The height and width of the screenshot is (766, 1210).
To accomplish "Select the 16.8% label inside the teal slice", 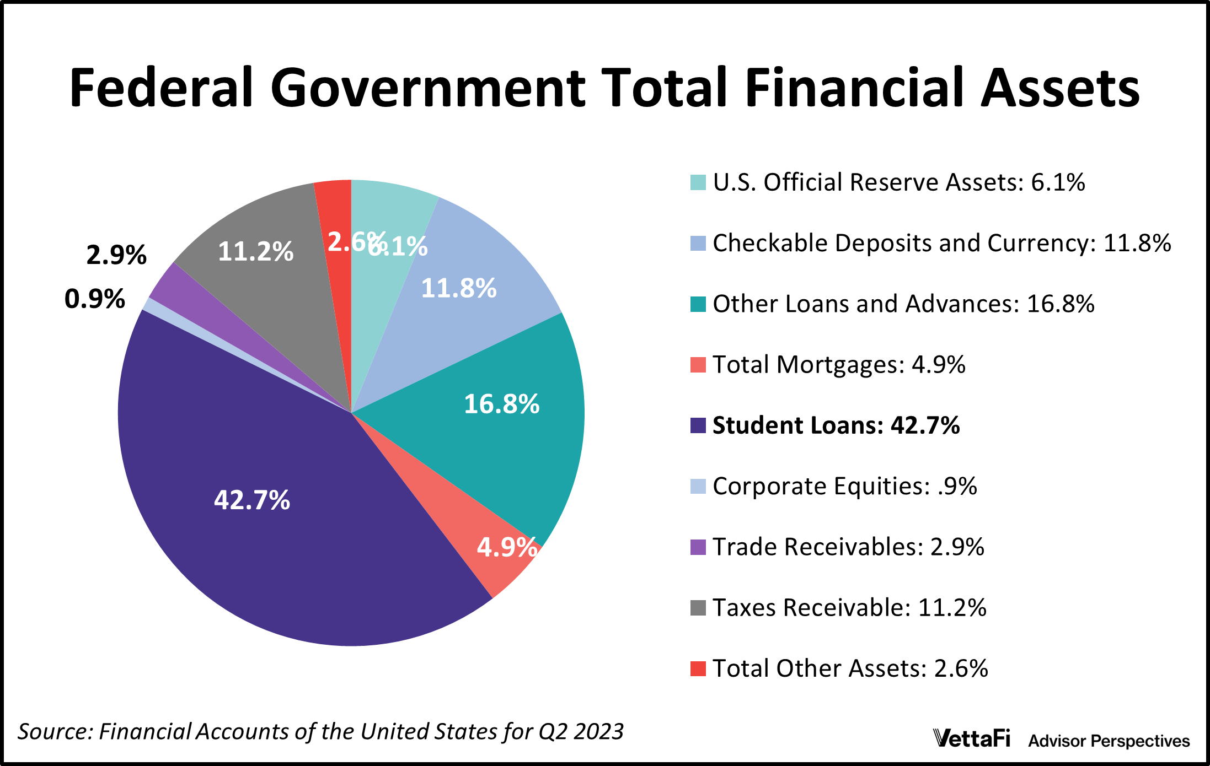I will [501, 404].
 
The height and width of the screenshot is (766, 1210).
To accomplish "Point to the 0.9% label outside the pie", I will [95, 299].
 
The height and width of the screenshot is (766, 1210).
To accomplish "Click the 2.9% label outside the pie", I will [116, 255].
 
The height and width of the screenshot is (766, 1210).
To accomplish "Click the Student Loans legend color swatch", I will [698, 425].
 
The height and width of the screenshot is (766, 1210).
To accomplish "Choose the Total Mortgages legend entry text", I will [838, 365].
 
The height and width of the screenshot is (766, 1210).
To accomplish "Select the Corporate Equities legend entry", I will [844, 486].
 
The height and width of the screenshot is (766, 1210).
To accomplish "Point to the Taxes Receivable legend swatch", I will [698, 608].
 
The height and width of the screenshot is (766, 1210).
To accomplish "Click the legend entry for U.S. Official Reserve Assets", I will [898, 182].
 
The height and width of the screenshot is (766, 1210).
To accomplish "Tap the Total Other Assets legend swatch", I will [698, 668].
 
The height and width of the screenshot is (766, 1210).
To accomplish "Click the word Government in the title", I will [427, 88].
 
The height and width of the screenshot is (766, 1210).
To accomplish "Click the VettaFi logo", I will [971, 738].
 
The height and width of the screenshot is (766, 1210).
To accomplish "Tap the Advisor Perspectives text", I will [1109, 741].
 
